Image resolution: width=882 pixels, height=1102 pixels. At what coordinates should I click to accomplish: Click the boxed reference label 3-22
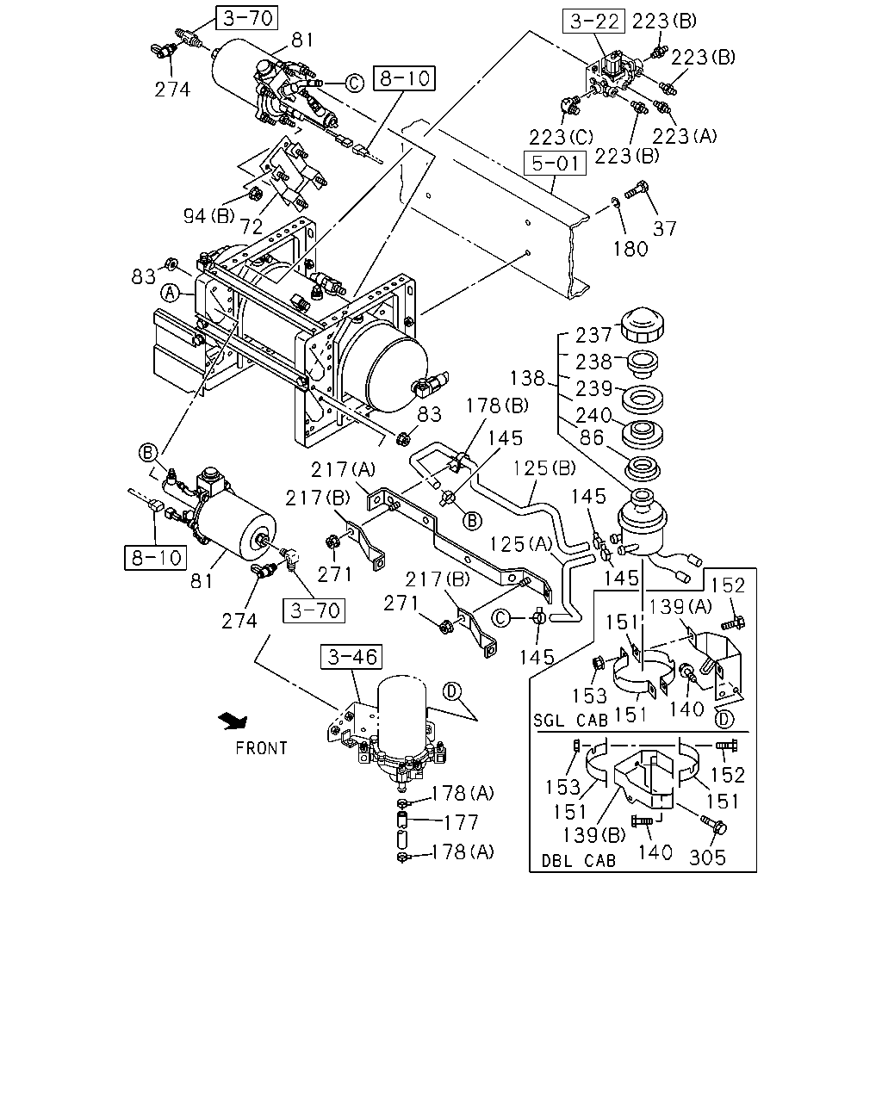click(593, 21)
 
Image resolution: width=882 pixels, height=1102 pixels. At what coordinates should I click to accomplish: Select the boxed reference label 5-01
click(555, 163)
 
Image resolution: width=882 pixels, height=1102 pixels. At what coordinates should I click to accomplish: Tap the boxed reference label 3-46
click(351, 657)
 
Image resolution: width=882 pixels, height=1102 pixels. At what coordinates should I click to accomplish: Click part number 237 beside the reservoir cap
click(593, 335)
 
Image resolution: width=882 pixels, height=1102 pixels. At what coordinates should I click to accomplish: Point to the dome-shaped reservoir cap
click(643, 325)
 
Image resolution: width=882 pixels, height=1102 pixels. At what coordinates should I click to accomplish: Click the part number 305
click(708, 857)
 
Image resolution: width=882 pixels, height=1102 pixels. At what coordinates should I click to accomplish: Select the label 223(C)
click(561, 137)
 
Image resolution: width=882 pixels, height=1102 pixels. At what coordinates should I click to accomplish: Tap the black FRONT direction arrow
click(233, 721)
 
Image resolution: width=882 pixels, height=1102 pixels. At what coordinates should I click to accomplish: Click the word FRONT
click(261, 748)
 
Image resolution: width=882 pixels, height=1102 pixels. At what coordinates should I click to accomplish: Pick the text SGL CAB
click(570, 721)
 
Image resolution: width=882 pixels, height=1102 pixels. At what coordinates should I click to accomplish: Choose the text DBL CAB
click(579, 861)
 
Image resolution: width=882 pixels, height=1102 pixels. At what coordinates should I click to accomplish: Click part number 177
click(462, 823)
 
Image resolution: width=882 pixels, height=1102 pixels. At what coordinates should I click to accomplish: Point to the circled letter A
click(171, 294)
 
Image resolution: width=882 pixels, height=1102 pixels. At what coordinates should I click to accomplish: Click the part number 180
click(630, 249)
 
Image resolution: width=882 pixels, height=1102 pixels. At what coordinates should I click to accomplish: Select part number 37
click(665, 228)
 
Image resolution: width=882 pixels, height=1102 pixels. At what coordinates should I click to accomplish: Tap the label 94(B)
click(209, 215)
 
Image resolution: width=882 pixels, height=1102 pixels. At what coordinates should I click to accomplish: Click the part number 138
click(527, 378)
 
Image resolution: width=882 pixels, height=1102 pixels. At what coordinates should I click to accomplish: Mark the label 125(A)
click(521, 544)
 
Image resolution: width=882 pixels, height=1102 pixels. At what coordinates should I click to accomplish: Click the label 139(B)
click(594, 835)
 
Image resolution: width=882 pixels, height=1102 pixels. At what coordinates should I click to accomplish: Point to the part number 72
click(252, 226)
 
